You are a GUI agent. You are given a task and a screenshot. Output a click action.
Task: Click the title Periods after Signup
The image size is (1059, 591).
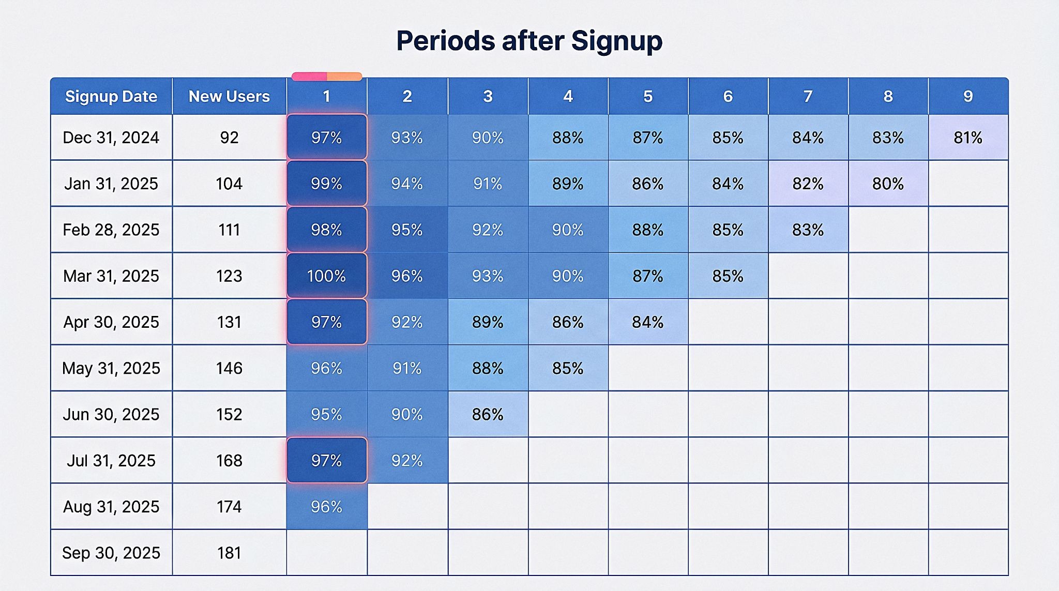pyautogui.click(x=529, y=40)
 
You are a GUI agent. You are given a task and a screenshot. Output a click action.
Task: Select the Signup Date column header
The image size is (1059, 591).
pyautogui.click(x=111, y=96)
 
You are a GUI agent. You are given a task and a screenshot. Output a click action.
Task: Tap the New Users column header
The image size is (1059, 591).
pyautogui.click(x=229, y=96)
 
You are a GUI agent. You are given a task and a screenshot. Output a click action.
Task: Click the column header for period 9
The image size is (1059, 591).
pyautogui.click(x=968, y=96)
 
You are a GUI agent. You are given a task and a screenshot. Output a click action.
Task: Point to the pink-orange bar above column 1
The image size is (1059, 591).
pyautogui.click(x=327, y=77)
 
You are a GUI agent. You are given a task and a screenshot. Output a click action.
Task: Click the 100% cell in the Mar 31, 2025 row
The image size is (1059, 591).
pyautogui.click(x=327, y=276)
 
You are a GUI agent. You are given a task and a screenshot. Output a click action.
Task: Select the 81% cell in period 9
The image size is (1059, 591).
pyautogui.click(x=968, y=138)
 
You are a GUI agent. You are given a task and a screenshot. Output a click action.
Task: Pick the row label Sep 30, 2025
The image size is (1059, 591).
pyautogui.click(x=111, y=553)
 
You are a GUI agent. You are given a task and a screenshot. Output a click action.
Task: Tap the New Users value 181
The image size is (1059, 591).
pyautogui.click(x=229, y=553)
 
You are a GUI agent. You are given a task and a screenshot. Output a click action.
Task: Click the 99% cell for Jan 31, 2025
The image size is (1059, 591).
pyautogui.click(x=327, y=184)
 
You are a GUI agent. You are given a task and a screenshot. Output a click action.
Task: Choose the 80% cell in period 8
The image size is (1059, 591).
pyautogui.click(x=888, y=184)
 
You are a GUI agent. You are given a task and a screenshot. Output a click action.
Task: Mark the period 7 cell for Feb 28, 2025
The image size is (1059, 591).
pyautogui.click(x=808, y=230)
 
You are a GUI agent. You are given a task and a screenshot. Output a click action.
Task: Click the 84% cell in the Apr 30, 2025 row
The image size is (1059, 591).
pyautogui.click(x=648, y=322)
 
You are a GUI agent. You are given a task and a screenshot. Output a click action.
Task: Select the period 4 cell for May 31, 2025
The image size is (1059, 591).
pyautogui.click(x=568, y=368)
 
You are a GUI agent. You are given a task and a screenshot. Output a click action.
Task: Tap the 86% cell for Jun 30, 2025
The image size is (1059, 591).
pyautogui.click(x=488, y=414)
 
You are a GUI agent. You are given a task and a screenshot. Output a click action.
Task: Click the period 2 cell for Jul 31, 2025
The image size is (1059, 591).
pyautogui.click(x=407, y=460)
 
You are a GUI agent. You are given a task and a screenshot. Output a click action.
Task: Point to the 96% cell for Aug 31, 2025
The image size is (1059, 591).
pyautogui.click(x=327, y=507)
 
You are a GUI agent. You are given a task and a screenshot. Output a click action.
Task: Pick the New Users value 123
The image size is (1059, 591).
pyautogui.click(x=229, y=276)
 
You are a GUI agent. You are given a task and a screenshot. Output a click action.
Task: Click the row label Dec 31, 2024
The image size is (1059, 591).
pyautogui.click(x=111, y=138)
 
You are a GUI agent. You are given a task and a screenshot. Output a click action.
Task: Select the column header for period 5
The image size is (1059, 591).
pyautogui.click(x=648, y=96)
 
